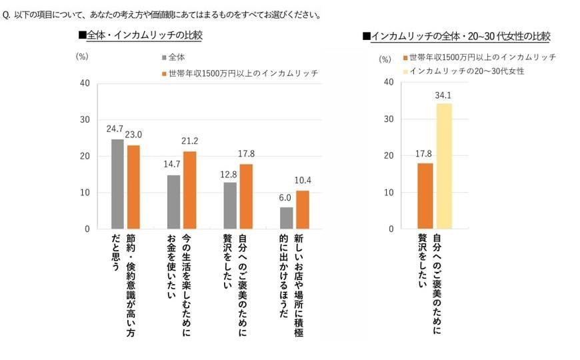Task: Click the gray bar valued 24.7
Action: click(117, 184)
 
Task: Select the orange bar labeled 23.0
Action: click(134, 187)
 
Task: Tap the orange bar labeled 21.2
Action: click(190, 191)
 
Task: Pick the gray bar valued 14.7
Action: click(173, 202)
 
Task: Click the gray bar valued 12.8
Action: click(229, 205)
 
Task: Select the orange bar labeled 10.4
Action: click(302, 210)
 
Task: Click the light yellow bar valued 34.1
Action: click(444, 166)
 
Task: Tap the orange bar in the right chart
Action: click(425, 196)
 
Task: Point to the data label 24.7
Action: click(117, 131)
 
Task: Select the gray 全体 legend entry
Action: click(175, 58)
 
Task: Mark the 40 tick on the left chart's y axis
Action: click(85, 83)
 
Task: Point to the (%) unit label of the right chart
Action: click(385, 59)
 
